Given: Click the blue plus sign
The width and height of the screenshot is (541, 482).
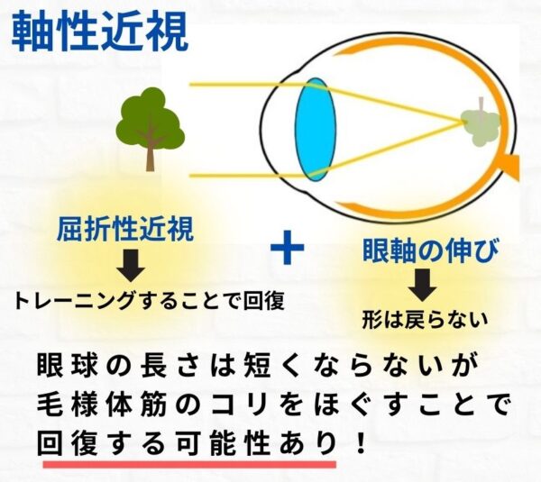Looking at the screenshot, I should pos(288,249).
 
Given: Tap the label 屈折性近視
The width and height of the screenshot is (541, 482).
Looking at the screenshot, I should pos(125,230).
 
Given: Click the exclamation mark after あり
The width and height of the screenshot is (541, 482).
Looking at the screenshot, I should pos(362,443).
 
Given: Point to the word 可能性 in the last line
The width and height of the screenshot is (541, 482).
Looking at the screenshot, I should pos(225,443).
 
